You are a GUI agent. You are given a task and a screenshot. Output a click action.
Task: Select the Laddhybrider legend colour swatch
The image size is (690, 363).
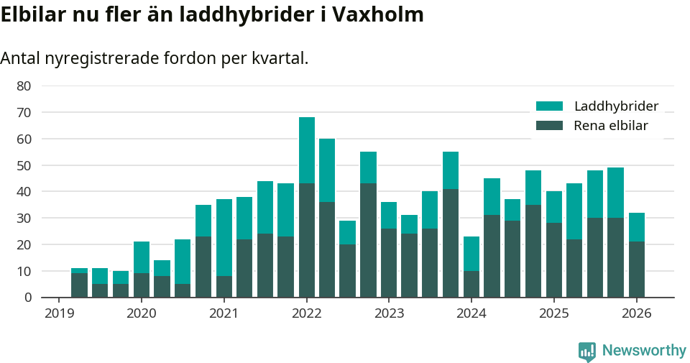[x=550, y=106]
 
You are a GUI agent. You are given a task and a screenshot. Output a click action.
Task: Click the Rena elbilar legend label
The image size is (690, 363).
[x=611, y=126]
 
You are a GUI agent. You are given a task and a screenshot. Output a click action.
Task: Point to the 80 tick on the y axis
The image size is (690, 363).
[x=24, y=86]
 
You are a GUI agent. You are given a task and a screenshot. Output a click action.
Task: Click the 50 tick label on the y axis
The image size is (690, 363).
[x=24, y=165]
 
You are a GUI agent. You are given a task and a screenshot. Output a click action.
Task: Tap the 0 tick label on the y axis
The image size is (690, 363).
[x=27, y=298]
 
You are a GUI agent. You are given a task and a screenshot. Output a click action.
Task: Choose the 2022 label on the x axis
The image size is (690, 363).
[x=306, y=313]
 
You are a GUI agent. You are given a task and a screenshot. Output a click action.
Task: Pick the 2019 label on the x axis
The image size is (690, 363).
[x=58, y=313]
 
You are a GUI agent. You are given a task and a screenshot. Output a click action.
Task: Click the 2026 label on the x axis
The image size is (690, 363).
[x=636, y=313]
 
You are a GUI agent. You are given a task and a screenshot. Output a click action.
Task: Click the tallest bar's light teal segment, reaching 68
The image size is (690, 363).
[x=307, y=150]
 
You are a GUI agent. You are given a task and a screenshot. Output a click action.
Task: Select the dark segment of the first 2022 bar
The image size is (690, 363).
[x=307, y=240]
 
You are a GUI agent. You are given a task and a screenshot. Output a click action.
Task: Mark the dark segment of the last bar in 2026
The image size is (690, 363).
[x=637, y=269]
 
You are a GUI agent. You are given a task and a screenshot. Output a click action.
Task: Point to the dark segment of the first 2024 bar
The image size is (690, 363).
[x=471, y=283]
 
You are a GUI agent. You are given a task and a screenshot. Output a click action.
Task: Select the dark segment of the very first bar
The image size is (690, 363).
[x=79, y=285]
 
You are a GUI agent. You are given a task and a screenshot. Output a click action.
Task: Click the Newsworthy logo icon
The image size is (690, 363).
[x=587, y=351]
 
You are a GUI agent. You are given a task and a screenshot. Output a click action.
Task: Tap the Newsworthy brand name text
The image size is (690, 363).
[x=644, y=351]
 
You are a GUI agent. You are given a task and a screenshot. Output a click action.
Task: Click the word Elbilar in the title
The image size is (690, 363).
[x=32, y=14]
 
